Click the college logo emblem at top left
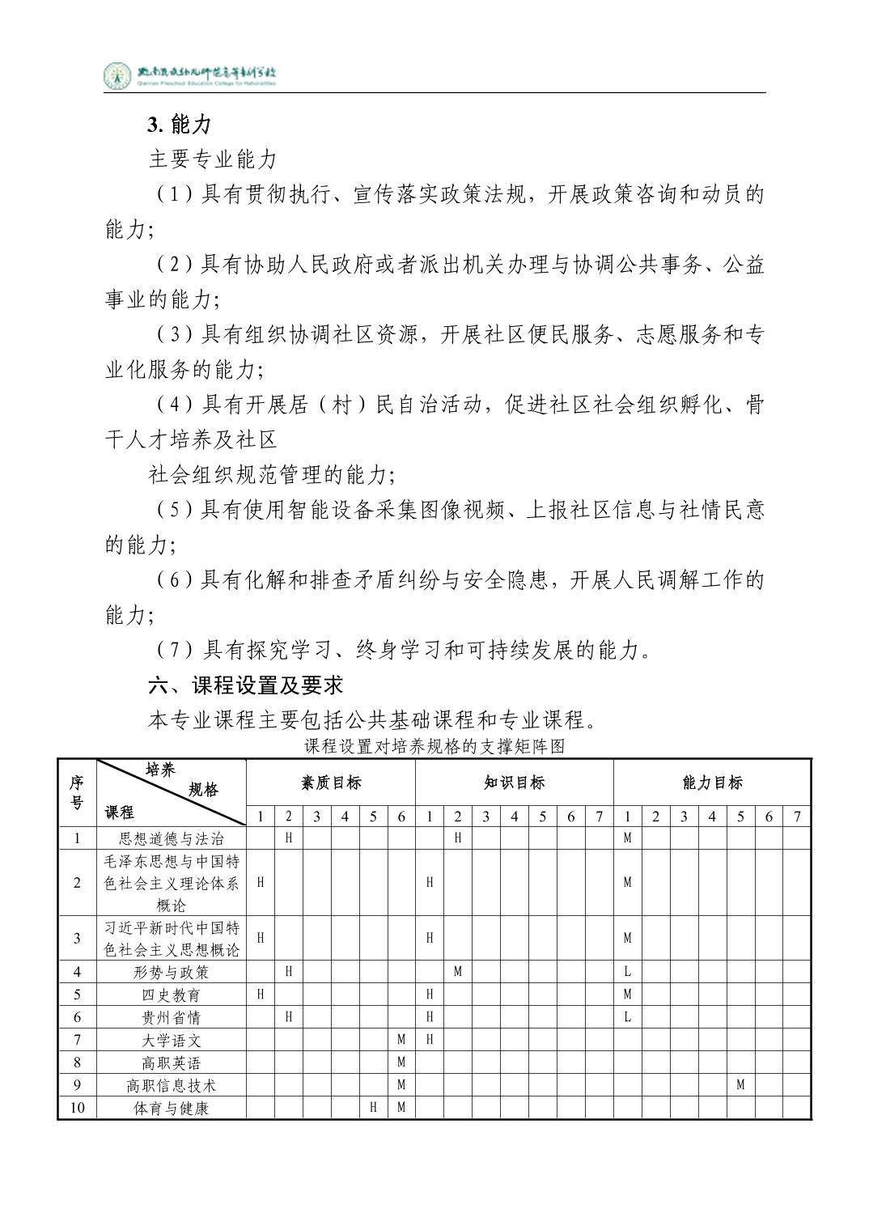tap(117, 76)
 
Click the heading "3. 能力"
tap(179, 124)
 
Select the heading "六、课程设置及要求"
tap(246, 685)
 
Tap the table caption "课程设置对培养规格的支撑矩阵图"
tap(434, 746)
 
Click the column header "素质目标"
tap(331, 783)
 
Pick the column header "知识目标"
tap(514, 783)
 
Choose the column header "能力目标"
tap(712, 783)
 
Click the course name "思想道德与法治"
tap(171, 838)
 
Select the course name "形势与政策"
tap(171, 971)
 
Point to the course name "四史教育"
tap(171, 994)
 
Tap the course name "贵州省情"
tap(171, 1016)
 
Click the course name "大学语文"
tap(171, 1040)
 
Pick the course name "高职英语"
tap(171, 1062)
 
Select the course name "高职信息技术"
tap(171, 1085)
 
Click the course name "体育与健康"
tap(171, 1108)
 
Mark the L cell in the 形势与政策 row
tap(627, 971)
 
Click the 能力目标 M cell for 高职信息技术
tap(740, 1085)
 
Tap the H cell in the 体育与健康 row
tap(373, 1108)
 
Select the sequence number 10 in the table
tap(77, 1108)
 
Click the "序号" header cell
tap(77, 792)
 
